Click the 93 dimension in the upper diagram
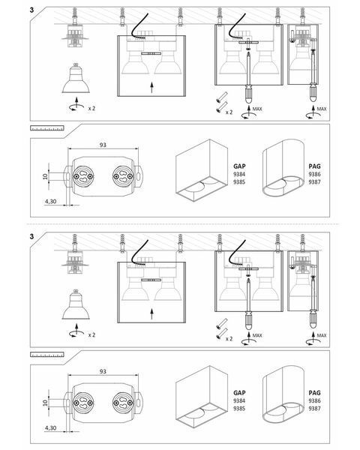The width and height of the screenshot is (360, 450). click(103, 145)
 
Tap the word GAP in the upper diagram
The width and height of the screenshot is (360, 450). click(239, 166)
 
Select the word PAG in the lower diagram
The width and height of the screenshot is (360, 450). click(315, 392)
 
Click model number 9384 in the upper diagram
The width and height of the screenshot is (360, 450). click(239, 174)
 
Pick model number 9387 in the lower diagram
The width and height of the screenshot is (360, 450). click(315, 409)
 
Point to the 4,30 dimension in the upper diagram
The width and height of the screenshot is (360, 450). click(50, 202)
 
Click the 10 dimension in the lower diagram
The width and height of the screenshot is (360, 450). click(45, 403)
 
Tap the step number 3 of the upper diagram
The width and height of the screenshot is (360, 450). click(31, 10)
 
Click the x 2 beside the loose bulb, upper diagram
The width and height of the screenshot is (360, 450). click(91, 109)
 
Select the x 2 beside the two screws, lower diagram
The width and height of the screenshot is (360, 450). click(229, 339)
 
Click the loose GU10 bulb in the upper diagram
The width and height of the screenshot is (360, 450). click(76, 78)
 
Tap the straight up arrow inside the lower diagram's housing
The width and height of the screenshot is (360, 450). click(151, 314)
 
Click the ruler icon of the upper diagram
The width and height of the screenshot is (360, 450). click(47, 128)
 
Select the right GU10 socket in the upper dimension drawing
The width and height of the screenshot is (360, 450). click(123, 176)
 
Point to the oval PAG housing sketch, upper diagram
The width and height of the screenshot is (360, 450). click(283, 168)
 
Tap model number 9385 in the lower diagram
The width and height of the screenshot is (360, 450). click(239, 409)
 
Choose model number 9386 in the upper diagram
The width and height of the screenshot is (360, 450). click(315, 174)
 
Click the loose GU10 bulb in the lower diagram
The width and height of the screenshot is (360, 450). click(76, 304)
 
